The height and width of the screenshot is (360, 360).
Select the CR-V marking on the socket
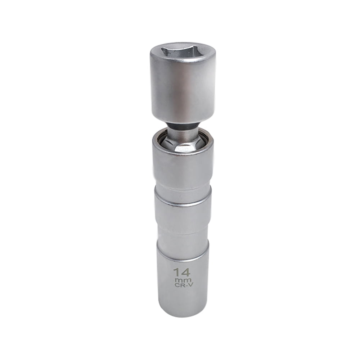pyautogui.click(x=183, y=286)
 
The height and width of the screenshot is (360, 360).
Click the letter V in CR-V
pyautogui.click(x=188, y=286)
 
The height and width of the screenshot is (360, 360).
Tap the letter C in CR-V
pyautogui.click(x=176, y=286)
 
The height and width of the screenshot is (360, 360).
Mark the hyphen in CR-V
pyautogui.click(x=185, y=286)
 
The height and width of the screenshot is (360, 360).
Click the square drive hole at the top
pyautogui.click(x=183, y=51)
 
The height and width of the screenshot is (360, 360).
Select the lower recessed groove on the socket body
pyautogui.click(x=183, y=234)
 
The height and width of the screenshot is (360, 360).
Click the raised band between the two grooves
pyautogui.click(x=183, y=212)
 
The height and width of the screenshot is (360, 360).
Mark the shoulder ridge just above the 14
pyautogui.click(x=183, y=245)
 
